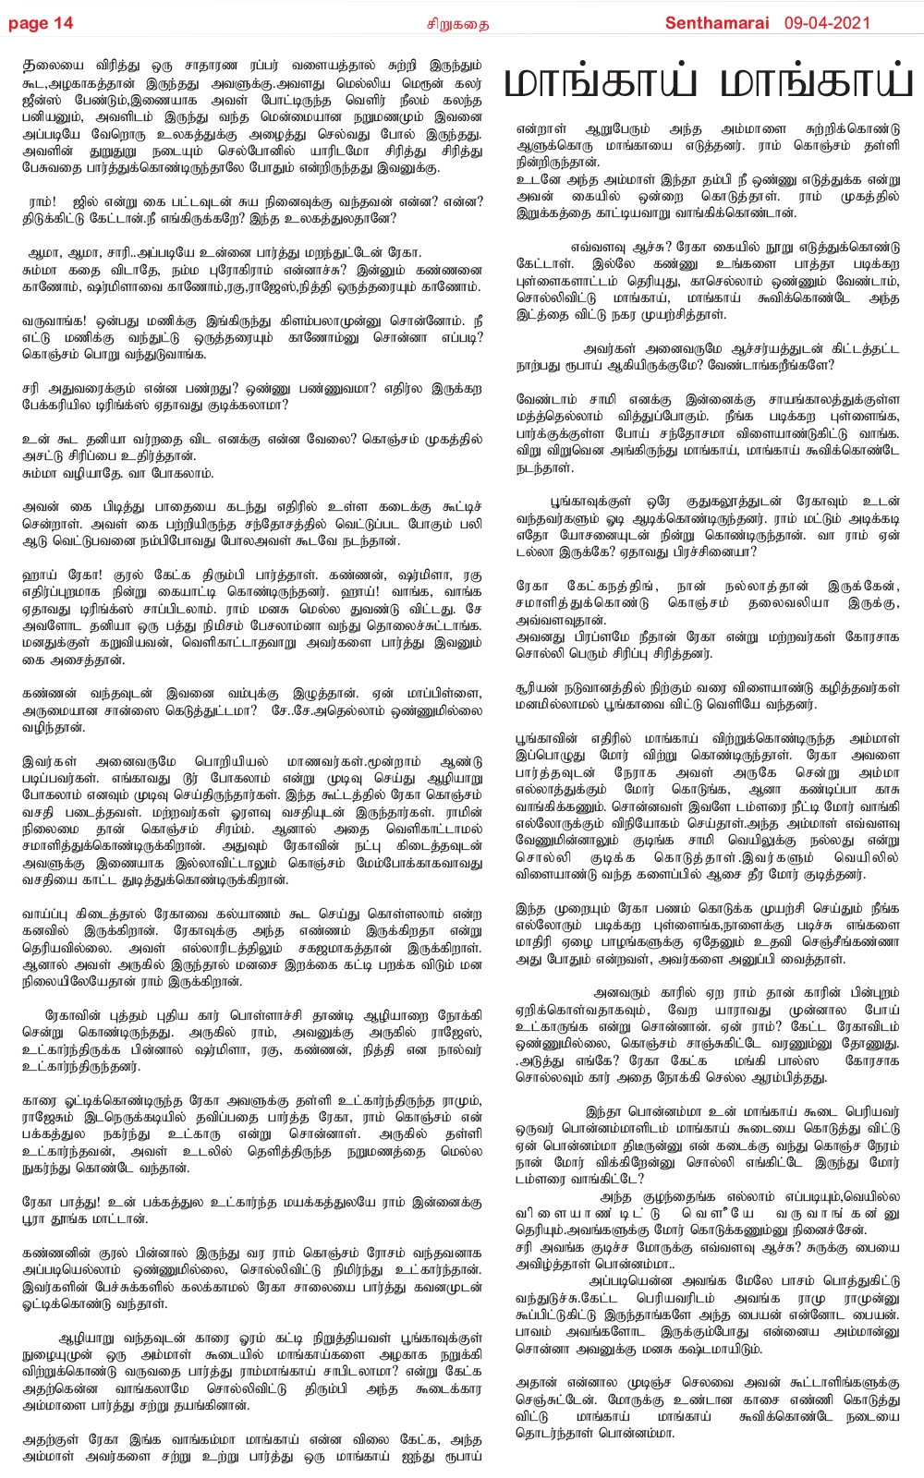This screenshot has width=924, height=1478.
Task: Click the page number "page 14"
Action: (41, 23)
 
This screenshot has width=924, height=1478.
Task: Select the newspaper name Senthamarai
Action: (716, 23)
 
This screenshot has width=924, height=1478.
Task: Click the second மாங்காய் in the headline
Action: (816, 83)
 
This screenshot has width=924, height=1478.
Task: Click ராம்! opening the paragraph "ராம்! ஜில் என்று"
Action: (43, 201)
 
